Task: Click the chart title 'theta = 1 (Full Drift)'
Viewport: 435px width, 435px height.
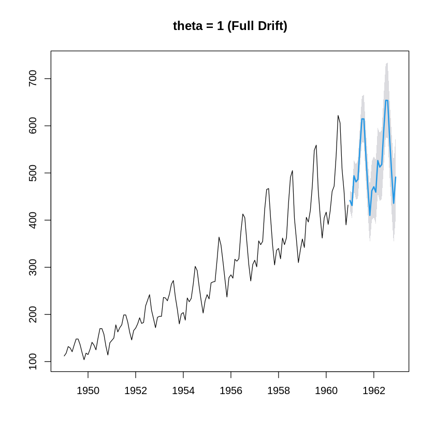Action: click(x=230, y=26)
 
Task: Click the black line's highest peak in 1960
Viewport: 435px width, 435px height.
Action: click(x=338, y=115)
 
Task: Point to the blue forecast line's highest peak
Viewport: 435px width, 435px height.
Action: click(x=386, y=100)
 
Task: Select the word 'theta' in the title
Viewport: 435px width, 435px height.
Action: click(x=188, y=26)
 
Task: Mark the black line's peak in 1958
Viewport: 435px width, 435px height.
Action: click(x=293, y=170)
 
